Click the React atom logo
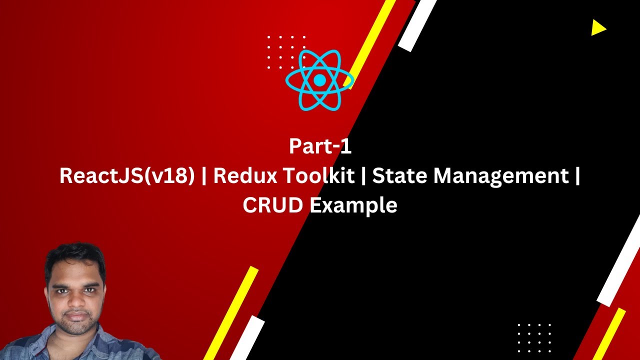[319, 80]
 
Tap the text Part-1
[320, 146]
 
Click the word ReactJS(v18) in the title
[127, 176]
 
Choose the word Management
[500, 176]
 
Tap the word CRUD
[272, 205]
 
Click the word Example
[352, 205]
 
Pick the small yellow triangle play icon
[598, 28]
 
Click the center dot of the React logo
[319, 80]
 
